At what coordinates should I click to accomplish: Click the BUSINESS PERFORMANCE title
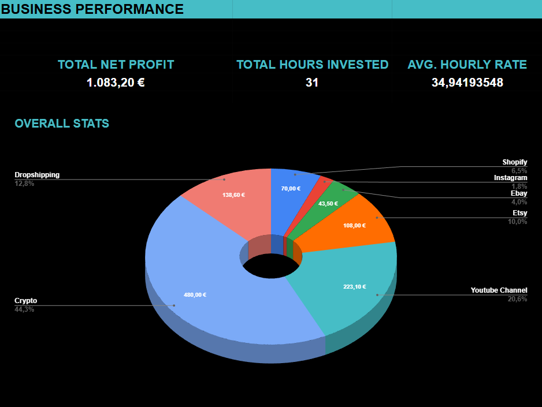click(x=92, y=9)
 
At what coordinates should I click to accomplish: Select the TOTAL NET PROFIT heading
click(x=116, y=65)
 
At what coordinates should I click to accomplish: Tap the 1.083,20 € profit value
click(x=116, y=83)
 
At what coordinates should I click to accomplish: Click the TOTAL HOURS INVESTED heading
click(x=312, y=65)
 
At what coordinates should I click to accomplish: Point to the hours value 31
click(x=312, y=83)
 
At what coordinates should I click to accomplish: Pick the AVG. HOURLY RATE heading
click(x=467, y=65)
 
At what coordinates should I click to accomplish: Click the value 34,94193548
click(x=467, y=83)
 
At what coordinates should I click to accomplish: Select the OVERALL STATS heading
click(x=62, y=124)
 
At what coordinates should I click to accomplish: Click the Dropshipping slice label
click(x=37, y=175)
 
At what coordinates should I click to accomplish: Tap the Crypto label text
click(x=26, y=301)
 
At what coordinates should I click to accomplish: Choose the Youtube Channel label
click(x=499, y=290)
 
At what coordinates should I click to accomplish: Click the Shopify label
click(x=514, y=162)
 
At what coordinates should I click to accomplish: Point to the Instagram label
click(x=510, y=178)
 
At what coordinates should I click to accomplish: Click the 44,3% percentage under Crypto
click(x=24, y=309)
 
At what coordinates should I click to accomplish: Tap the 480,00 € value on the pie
click(x=195, y=295)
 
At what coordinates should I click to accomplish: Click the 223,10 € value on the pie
click(x=354, y=287)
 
